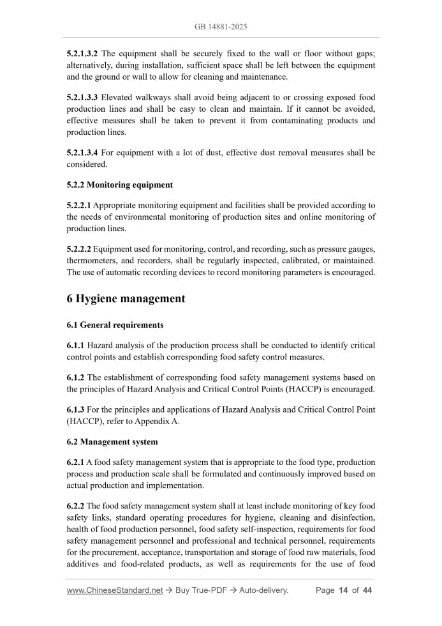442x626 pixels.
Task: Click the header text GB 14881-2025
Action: coord(221,27)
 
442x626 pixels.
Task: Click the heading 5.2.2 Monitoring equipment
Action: coord(119,185)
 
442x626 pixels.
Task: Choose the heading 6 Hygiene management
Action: coord(126,298)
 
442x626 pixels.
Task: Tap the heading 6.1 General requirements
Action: coord(115,325)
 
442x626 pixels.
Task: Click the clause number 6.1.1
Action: coord(75,346)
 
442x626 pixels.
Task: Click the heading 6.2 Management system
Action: coord(112,442)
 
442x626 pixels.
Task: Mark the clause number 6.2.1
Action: coord(75,462)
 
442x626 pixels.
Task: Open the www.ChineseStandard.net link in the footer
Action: coord(115,590)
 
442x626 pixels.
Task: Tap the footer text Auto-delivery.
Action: coord(263,590)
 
